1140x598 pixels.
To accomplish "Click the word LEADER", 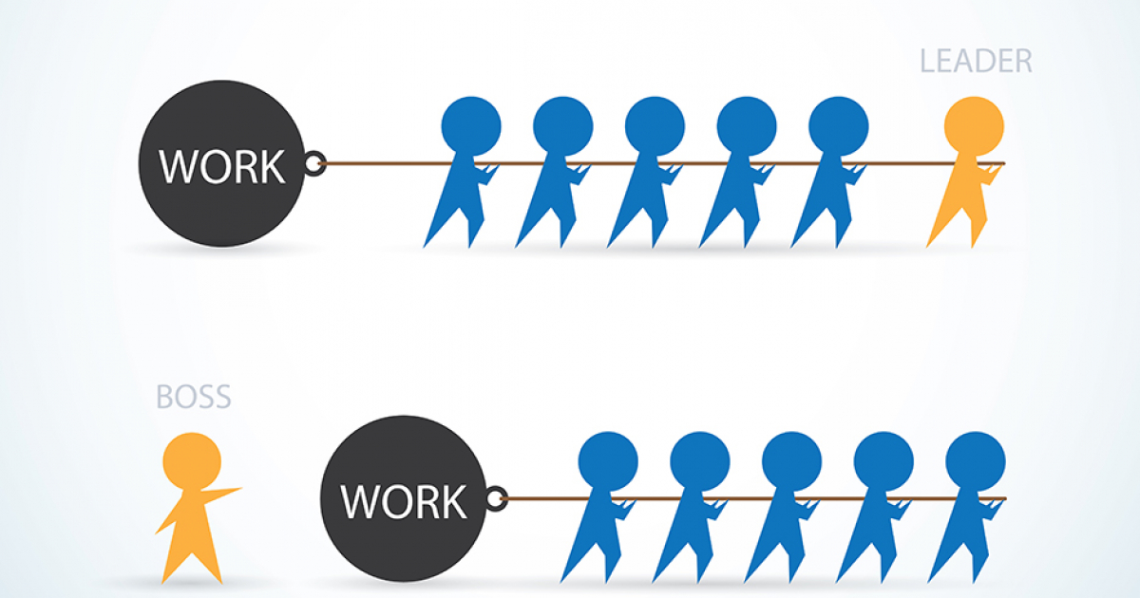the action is click(x=976, y=61).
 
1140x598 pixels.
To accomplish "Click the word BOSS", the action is click(x=194, y=397).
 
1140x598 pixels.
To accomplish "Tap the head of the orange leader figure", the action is click(x=974, y=126).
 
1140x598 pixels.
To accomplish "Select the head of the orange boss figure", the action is click(x=192, y=461).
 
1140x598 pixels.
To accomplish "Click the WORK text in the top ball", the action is click(x=221, y=167).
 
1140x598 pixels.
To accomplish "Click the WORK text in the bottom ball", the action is click(x=403, y=501).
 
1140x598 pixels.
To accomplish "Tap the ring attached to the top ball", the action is click(x=314, y=163).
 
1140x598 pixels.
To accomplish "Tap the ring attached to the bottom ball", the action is click(x=496, y=498).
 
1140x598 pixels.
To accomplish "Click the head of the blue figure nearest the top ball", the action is click(x=471, y=126).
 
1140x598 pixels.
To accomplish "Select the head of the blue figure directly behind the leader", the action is click(x=838, y=126).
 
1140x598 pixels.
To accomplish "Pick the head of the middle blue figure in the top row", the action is click(x=655, y=126).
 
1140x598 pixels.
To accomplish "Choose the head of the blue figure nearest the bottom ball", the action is click(x=608, y=461).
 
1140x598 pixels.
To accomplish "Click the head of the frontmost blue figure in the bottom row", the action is click(x=975, y=461).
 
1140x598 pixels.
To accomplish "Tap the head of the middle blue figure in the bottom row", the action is click(x=791, y=461).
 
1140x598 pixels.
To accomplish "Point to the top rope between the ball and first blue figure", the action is click(x=388, y=163).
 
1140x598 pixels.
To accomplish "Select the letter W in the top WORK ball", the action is click(x=178, y=167).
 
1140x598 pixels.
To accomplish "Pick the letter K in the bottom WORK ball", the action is click(x=453, y=501).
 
